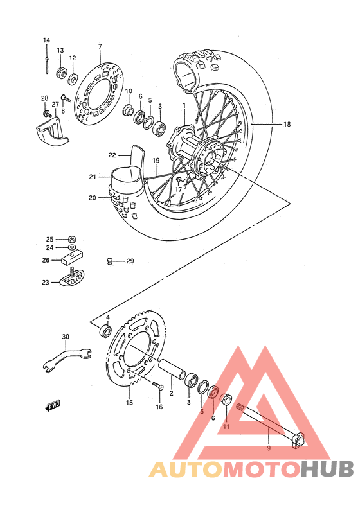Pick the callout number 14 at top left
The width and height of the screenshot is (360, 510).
(x=46, y=40)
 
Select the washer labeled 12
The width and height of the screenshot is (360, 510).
(x=73, y=79)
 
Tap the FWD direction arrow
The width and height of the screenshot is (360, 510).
(x=53, y=405)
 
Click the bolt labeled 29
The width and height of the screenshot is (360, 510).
(x=110, y=261)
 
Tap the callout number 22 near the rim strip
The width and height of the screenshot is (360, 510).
(x=112, y=155)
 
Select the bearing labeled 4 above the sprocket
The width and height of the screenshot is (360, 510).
(x=105, y=331)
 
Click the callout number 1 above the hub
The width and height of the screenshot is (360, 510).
(x=183, y=105)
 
